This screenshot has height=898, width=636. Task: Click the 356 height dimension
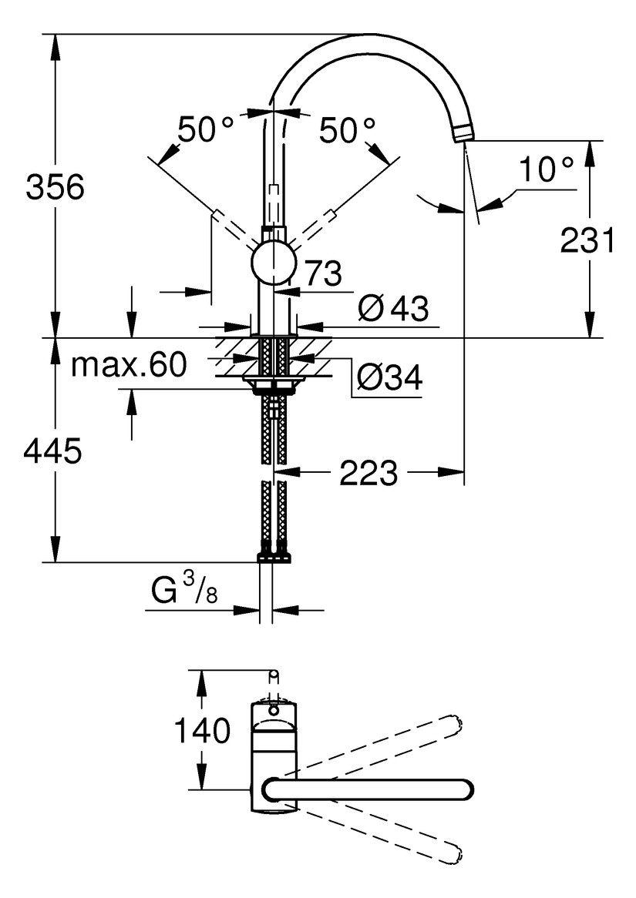pyautogui.click(x=55, y=186)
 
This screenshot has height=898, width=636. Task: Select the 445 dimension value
pyautogui.click(x=52, y=452)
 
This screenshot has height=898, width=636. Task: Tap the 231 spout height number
pyautogui.click(x=588, y=241)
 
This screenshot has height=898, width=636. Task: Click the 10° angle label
pyautogui.click(x=546, y=169)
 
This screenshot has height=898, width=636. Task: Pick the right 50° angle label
pyautogui.click(x=348, y=130)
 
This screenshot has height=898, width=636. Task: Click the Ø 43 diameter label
pyautogui.click(x=393, y=309)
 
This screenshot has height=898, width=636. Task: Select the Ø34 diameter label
pyautogui.click(x=389, y=377)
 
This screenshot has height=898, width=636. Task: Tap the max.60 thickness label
pyautogui.click(x=129, y=364)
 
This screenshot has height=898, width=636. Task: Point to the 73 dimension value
pyautogui.click(x=323, y=273)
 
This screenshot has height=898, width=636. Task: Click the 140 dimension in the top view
pyautogui.click(x=202, y=729)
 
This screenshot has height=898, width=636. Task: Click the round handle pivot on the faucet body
pyautogui.click(x=273, y=262)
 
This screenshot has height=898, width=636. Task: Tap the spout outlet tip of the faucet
pyautogui.click(x=462, y=134)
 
